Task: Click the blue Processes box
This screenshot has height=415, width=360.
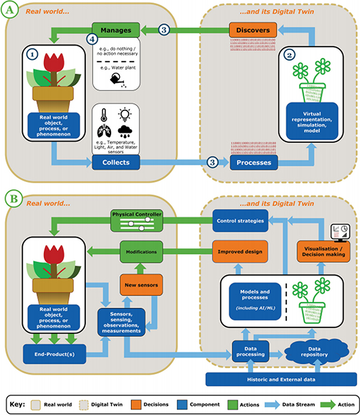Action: [x=250, y=163]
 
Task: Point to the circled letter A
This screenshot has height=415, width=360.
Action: [x=11, y=10]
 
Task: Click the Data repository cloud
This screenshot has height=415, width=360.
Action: [x=303, y=351]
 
